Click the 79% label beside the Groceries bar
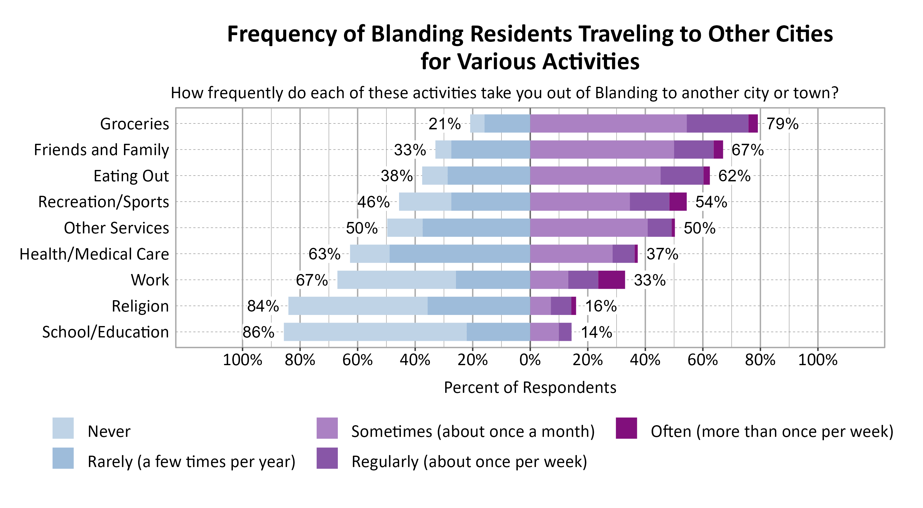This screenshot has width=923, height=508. click(x=782, y=124)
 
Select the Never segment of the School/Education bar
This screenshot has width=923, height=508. click(x=375, y=332)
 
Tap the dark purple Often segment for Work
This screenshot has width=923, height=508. click(x=611, y=280)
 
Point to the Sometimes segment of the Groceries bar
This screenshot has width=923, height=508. click(x=608, y=124)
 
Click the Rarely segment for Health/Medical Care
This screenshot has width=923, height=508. click(x=459, y=254)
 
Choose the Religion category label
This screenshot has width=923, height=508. click(x=140, y=306)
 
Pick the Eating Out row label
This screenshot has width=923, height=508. click(x=131, y=176)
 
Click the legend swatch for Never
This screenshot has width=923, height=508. click(x=63, y=428)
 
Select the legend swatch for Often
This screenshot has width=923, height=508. click(x=626, y=428)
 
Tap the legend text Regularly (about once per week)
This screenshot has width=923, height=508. click(x=469, y=462)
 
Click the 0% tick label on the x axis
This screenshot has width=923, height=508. click(x=530, y=360)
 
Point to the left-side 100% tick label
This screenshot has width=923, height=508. click(x=242, y=360)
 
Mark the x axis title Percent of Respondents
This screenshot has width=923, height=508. click(x=530, y=388)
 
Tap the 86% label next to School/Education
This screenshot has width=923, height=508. click(x=258, y=332)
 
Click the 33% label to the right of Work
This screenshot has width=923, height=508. click(x=649, y=280)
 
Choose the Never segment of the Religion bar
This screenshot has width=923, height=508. click(x=358, y=306)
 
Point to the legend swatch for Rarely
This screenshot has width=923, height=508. click(x=63, y=458)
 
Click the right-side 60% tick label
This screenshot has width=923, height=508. click(x=702, y=360)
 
